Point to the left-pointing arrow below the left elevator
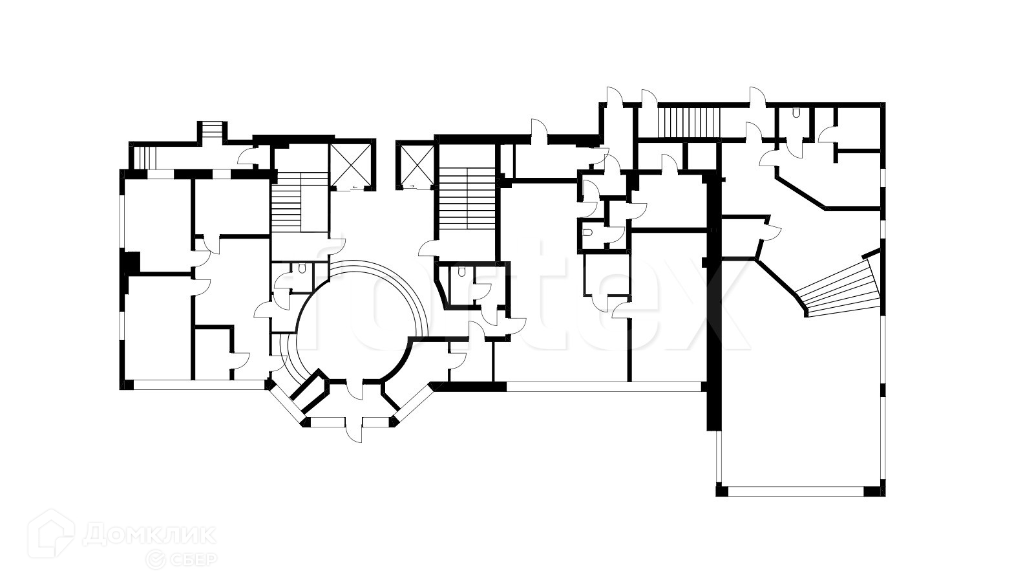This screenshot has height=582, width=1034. (355, 188)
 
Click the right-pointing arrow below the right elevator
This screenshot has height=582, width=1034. (411, 186)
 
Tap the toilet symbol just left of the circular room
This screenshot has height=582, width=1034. (302, 268)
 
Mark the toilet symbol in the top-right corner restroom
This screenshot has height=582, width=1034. (796, 113)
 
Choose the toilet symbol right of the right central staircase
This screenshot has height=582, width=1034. (461, 272)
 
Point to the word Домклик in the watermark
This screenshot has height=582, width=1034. (150, 535)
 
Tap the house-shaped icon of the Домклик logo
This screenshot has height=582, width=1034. (56, 537)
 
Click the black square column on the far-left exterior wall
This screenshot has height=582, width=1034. (131, 262)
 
